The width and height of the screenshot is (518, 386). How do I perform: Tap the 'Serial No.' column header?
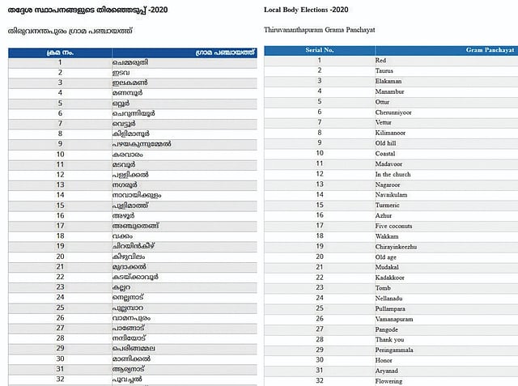point(320,50)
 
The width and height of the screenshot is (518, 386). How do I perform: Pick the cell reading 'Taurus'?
point(388,71)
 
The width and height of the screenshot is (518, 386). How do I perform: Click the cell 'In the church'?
point(394,174)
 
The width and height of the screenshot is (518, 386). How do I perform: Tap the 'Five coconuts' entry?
point(395,226)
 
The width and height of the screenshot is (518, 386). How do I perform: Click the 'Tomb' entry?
point(384,288)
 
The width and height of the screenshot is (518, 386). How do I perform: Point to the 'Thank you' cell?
point(390,340)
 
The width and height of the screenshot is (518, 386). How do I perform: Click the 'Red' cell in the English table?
point(382,61)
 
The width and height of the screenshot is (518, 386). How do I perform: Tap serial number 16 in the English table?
point(320,216)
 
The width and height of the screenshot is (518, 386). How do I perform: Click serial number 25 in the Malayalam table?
point(60,308)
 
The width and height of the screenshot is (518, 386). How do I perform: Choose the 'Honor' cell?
point(385,360)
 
